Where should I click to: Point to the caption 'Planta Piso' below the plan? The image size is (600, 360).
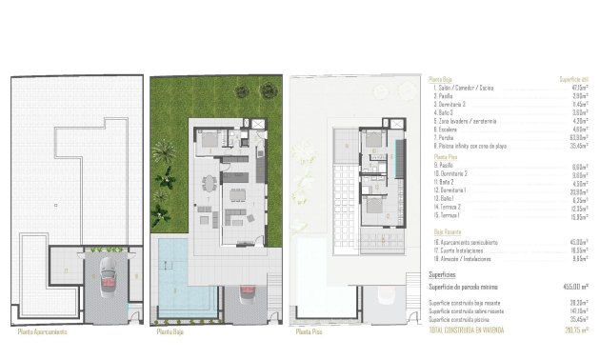[309, 334]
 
